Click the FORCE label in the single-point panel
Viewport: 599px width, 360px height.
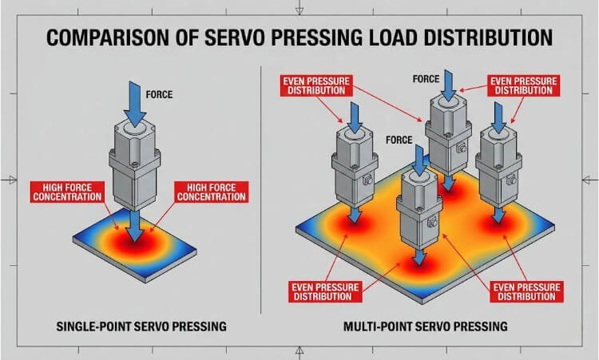pos(160,95)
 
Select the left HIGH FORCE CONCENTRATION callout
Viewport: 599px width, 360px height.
pos(66,191)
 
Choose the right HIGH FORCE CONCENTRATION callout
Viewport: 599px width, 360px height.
pos(212,191)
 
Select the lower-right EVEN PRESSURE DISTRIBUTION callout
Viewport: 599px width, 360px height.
pos(522,290)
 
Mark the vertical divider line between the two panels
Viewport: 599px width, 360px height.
pos(263,192)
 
